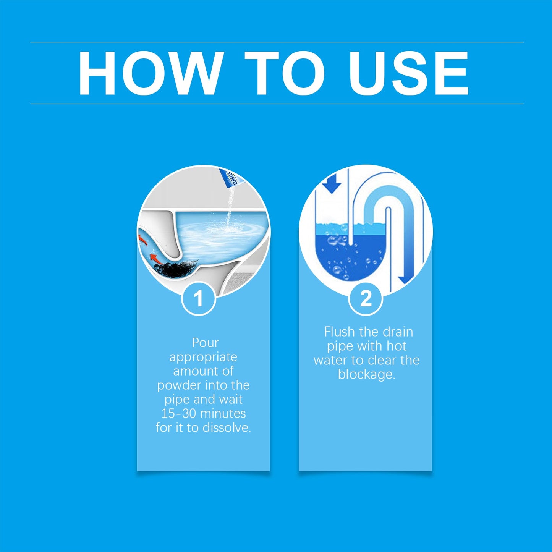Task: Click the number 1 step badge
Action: [x=198, y=298]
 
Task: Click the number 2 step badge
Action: [x=366, y=298]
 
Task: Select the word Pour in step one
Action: [x=205, y=343]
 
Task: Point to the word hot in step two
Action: [x=396, y=346]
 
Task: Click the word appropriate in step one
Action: [x=203, y=357]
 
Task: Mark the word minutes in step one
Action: [x=223, y=413]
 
